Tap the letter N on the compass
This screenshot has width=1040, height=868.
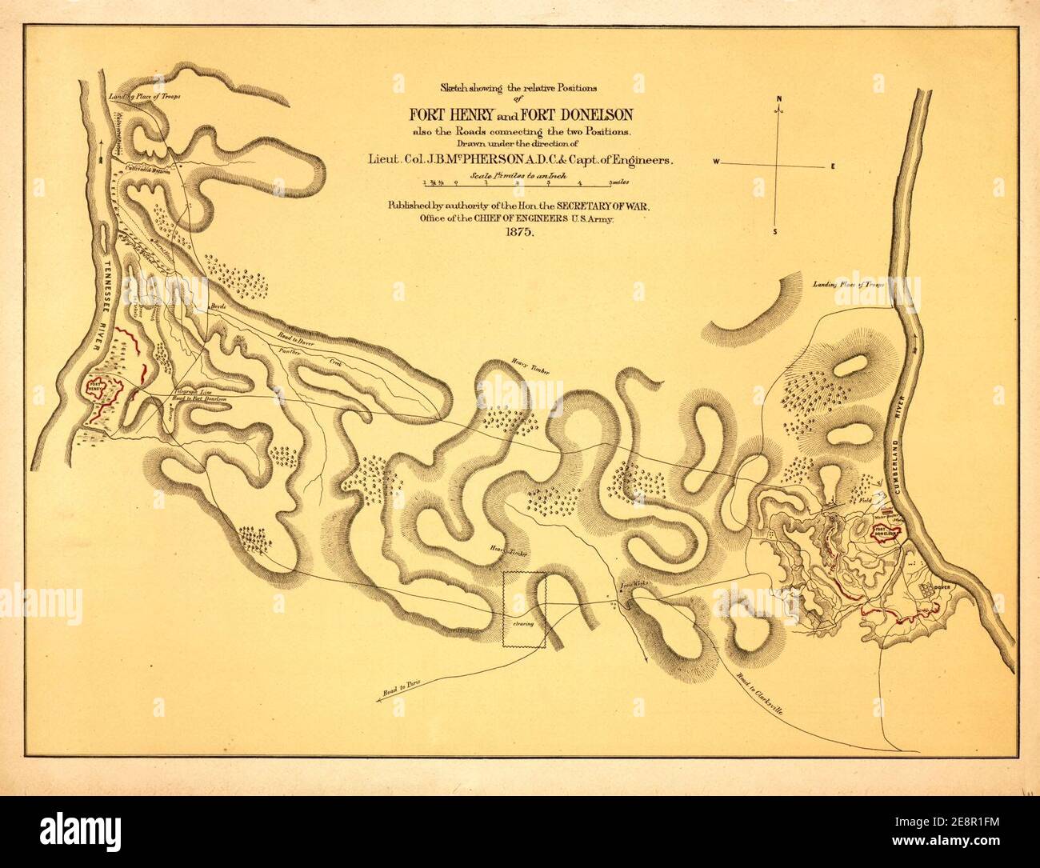click(778, 100)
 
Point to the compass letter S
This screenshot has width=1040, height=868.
click(775, 233)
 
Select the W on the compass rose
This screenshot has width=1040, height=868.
click(718, 162)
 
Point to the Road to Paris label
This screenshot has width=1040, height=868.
click(401, 686)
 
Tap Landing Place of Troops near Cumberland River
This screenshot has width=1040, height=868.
click(852, 285)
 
